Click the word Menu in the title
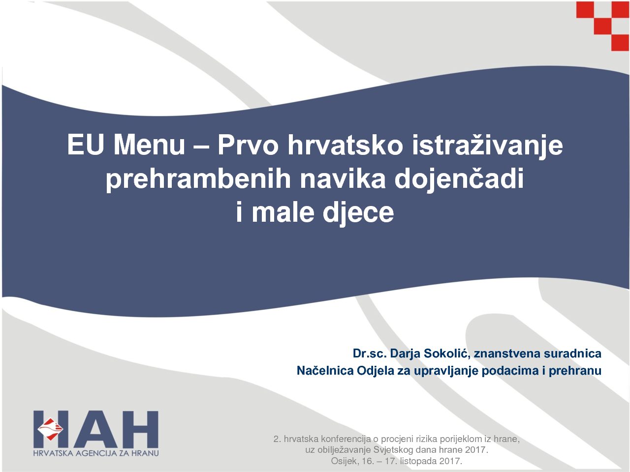149,145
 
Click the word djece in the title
358,213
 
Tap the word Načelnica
325,371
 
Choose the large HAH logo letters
96,429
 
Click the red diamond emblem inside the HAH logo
50,429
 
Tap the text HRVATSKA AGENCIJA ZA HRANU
96,453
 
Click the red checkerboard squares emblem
603,26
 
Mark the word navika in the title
343,178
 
